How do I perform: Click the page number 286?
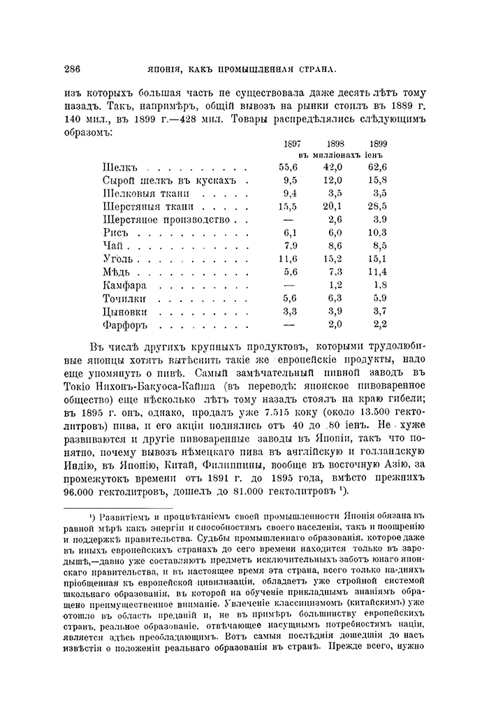pyautogui.click(x=73, y=69)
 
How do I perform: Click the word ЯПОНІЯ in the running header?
pyautogui.click(x=168, y=69)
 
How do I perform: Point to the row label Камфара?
pyautogui.click(x=124, y=285)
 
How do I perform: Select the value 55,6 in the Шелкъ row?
pyautogui.click(x=288, y=166)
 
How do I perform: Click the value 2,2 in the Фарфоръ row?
pyautogui.click(x=379, y=324)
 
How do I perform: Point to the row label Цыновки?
pyautogui.click(x=125, y=311)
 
